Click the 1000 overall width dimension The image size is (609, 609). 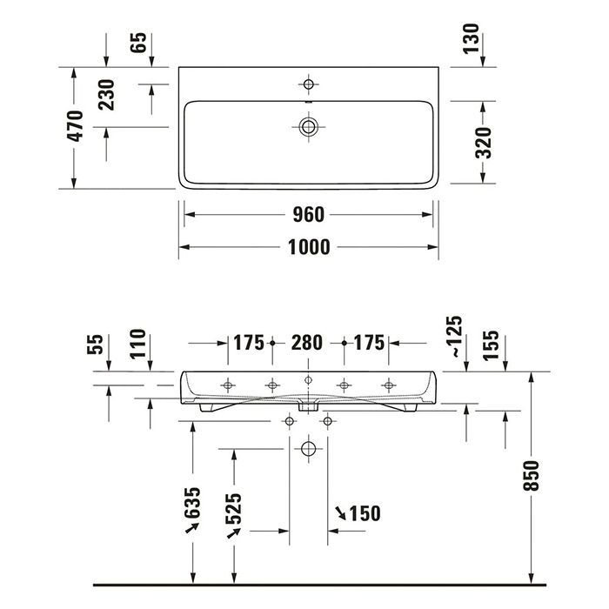(308, 247)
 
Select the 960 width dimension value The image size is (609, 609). (308, 214)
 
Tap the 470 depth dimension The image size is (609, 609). (76, 126)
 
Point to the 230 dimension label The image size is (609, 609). (106, 93)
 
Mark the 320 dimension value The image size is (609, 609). (483, 142)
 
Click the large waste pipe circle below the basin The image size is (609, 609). (307, 450)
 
